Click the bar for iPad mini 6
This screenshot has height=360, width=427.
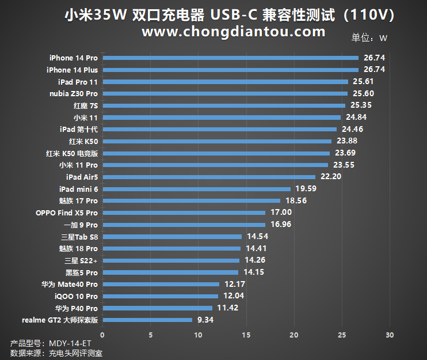tap(196, 189)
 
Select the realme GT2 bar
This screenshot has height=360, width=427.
tap(147, 320)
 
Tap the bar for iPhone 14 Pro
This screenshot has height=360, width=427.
tap(230, 58)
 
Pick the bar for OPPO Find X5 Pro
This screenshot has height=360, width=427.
tap(184, 213)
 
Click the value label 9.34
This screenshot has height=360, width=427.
tap(205, 320)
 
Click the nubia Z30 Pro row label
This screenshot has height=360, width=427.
tap(73, 94)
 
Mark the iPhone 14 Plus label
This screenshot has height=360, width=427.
tap(72, 70)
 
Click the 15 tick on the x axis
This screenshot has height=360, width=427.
tap(246, 335)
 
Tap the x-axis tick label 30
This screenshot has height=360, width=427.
tap(390, 335)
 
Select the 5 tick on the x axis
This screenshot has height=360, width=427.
tap(150, 335)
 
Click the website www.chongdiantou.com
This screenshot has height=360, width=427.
tap(234, 32)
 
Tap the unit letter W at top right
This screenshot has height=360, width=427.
tap(384, 39)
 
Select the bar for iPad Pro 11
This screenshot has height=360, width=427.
tap(225, 82)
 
